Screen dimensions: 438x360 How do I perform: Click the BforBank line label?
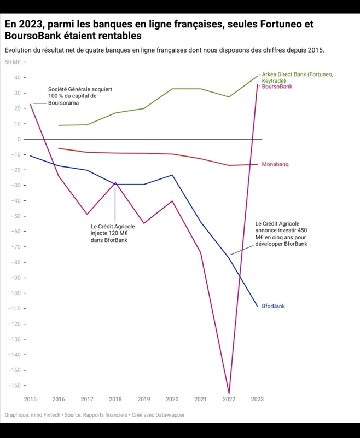click(x=273, y=306)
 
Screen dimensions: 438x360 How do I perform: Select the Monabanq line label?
click(x=275, y=164)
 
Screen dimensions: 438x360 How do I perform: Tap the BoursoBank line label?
click(x=277, y=87)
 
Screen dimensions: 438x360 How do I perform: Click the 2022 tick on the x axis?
click(x=229, y=400)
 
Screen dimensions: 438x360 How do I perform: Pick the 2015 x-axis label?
click(x=30, y=400)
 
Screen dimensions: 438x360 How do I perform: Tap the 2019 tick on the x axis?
click(x=143, y=400)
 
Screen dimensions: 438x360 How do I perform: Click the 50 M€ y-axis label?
click(x=12, y=62)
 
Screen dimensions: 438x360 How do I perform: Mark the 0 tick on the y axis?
click(x=19, y=139)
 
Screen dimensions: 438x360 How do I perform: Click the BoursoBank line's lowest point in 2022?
click(x=229, y=393)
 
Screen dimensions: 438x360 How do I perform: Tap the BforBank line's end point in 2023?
click(x=257, y=306)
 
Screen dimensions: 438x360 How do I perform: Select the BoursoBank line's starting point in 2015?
click(x=31, y=104)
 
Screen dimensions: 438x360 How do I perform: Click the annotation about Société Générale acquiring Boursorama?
click(x=72, y=96)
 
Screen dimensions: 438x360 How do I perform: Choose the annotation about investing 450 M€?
click(x=281, y=234)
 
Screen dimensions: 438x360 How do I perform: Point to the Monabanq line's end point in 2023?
click(x=257, y=164)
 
